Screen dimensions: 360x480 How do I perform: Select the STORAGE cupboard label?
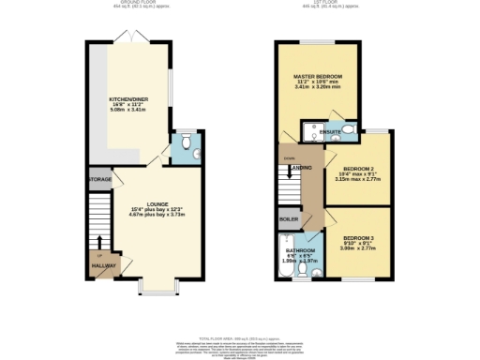[x=100, y=178]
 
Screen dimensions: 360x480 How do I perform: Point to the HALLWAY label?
[x=103, y=266]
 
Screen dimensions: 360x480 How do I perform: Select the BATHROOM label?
[x=302, y=250]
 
